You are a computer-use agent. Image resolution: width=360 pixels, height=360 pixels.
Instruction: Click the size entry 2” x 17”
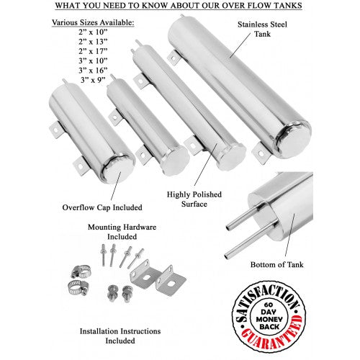(x=93, y=51)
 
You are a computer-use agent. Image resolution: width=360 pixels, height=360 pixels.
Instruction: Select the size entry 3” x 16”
(x=93, y=71)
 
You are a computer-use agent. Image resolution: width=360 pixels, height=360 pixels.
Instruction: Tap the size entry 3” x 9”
(x=93, y=80)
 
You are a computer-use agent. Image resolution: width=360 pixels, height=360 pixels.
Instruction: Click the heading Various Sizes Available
(x=93, y=22)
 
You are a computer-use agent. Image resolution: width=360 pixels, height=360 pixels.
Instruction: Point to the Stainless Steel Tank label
(x=262, y=29)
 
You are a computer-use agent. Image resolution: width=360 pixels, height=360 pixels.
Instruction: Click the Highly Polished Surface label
(x=194, y=199)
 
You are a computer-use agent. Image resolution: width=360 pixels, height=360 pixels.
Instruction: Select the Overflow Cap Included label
(x=102, y=207)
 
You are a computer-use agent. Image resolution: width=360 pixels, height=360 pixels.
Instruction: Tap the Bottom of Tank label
(x=276, y=264)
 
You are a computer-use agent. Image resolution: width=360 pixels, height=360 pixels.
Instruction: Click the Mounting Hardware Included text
(x=122, y=232)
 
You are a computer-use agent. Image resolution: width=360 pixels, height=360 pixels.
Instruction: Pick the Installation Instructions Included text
(x=120, y=336)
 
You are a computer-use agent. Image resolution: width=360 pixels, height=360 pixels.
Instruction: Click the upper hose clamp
(x=81, y=271)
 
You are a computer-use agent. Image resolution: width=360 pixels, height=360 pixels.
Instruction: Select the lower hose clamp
(x=78, y=287)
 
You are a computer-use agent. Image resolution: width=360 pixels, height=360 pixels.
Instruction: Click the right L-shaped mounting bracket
(x=171, y=279)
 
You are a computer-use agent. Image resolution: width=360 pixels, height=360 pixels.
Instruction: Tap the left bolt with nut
(x=112, y=293)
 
